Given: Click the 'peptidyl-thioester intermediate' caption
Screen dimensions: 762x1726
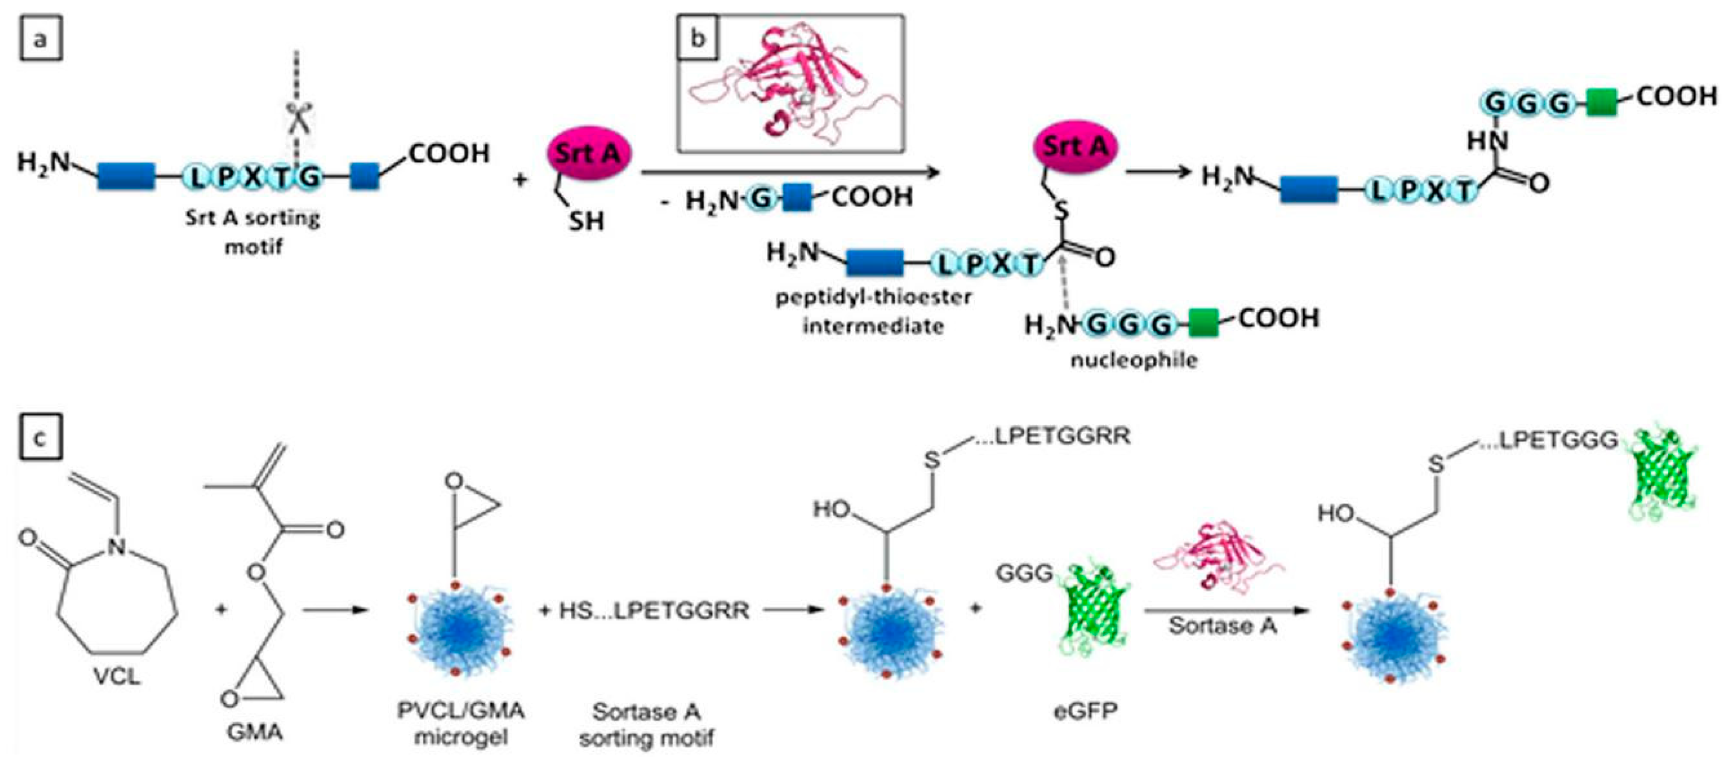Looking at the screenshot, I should [873, 311].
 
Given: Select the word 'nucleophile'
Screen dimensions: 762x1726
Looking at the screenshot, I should [1133, 360].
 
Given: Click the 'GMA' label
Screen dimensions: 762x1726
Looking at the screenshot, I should [254, 732].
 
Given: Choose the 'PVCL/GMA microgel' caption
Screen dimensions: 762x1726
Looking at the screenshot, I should [461, 723].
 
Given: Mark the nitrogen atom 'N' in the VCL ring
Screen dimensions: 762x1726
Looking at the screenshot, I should [117, 547].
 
